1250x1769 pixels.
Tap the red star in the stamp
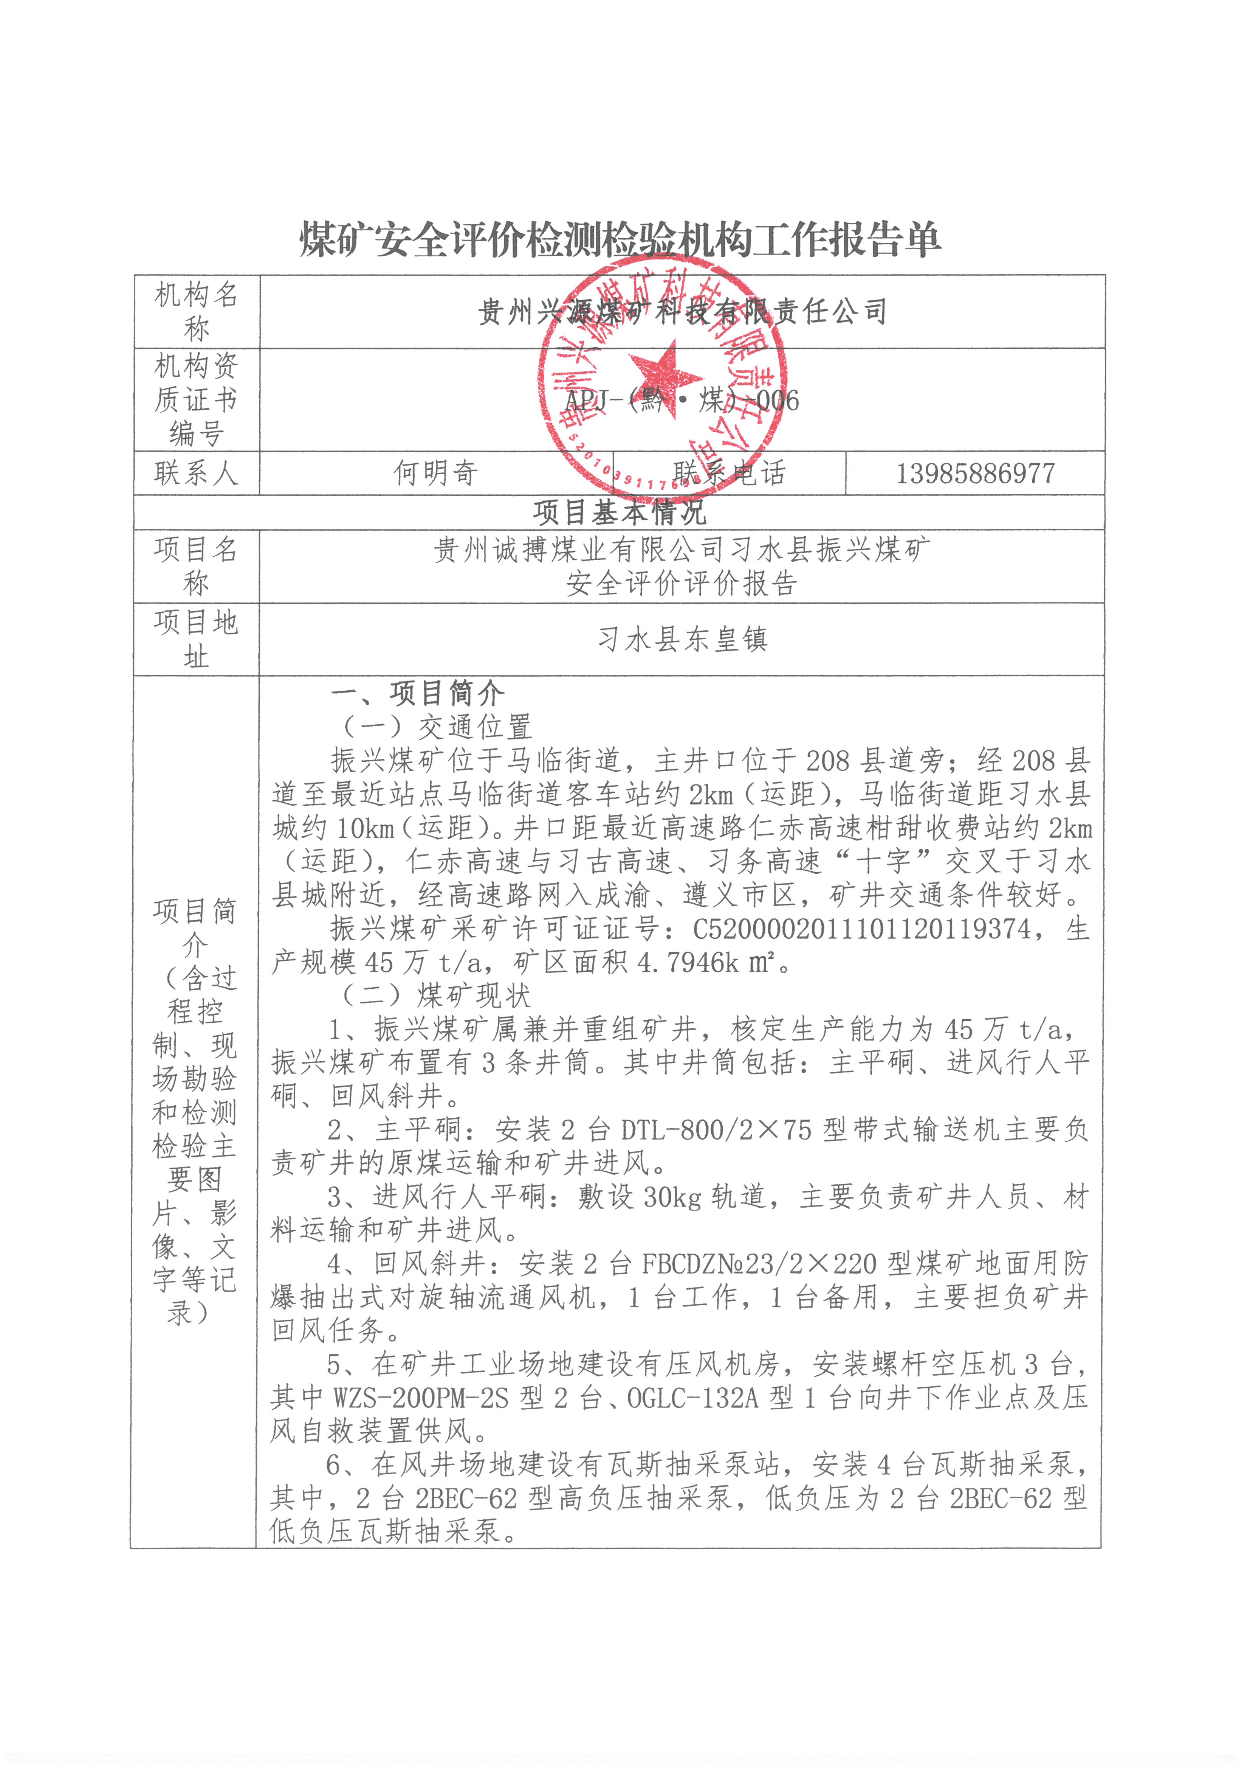(x=664, y=379)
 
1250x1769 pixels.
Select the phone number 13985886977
(x=975, y=473)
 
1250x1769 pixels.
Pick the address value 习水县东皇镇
(x=682, y=639)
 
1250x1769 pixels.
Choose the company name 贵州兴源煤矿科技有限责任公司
(x=682, y=311)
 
